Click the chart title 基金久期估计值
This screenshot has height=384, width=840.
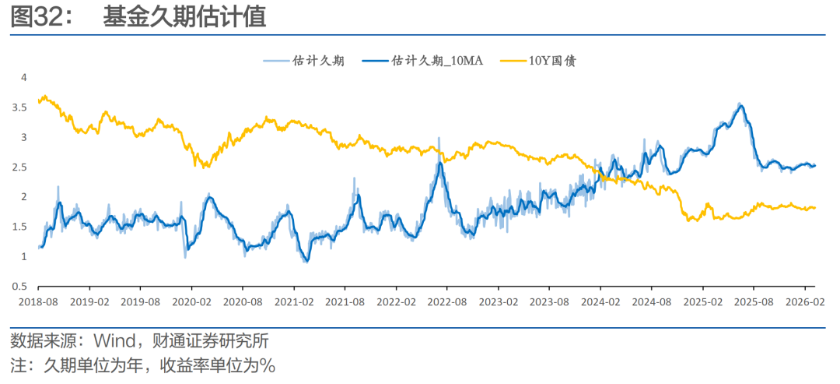coord(184,18)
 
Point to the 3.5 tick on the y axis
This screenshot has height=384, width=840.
coord(20,107)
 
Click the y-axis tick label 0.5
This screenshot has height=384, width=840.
coord(20,287)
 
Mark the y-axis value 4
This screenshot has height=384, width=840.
coord(24,78)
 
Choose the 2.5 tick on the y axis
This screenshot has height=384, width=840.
coord(20,167)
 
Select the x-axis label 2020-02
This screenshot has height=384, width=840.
coord(192,301)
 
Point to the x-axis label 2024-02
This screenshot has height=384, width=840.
coord(603,301)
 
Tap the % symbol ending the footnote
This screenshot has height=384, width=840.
coord(268,365)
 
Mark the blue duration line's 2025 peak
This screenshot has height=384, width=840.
coord(740,105)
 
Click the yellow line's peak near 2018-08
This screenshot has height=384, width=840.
coord(45,97)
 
